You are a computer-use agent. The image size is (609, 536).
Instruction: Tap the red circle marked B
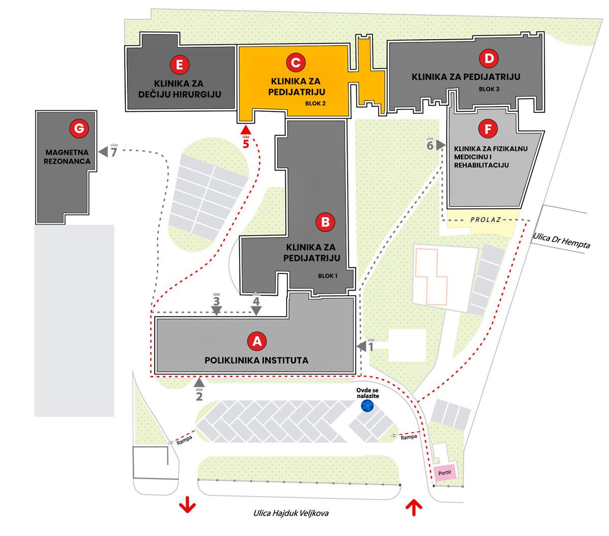click(325, 222)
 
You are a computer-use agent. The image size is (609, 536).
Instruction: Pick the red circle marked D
click(489, 59)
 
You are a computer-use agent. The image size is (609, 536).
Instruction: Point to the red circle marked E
click(180, 65)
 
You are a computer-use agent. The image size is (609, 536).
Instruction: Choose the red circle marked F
click(488, 129)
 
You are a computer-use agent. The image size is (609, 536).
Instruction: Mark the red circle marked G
click(79, 130)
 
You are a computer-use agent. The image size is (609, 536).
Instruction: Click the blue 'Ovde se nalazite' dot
click(367, 405)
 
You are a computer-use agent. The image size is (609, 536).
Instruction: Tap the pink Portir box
click(445, 472)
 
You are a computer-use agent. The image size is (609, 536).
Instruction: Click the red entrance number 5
click(246, 144)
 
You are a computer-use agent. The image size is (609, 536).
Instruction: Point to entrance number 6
click(430, 146)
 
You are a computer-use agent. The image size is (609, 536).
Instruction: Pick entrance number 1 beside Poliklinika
click(370, 347)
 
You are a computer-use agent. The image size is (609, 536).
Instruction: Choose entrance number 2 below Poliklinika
click(199, 396)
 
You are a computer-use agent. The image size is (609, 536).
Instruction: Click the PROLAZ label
click(485, 219)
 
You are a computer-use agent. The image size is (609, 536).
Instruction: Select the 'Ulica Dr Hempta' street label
click(561, 240)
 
